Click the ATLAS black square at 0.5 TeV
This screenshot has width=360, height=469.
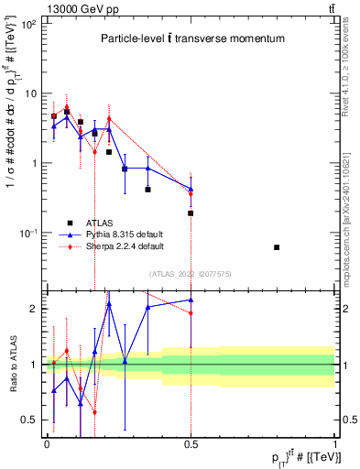[x=191, y=213]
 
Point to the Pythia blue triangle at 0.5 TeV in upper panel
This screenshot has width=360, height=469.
[x=191, y=190]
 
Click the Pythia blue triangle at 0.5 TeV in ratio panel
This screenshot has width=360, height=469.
[x=191, y=300]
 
